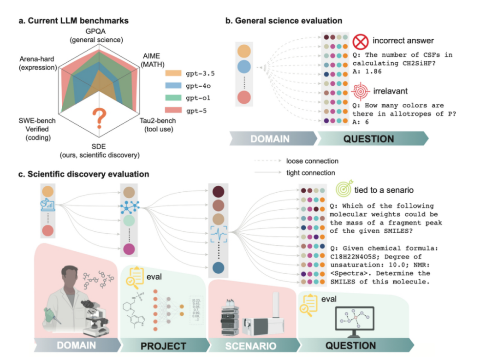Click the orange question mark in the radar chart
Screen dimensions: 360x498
click(97, 118)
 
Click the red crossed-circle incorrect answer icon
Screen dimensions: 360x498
click(361, 42)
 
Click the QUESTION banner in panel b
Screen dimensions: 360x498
click(368, 138)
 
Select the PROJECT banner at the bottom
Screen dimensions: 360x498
click(164, 345)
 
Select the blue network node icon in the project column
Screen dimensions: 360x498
click(129, 207)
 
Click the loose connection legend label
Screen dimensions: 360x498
click(312, 161)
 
